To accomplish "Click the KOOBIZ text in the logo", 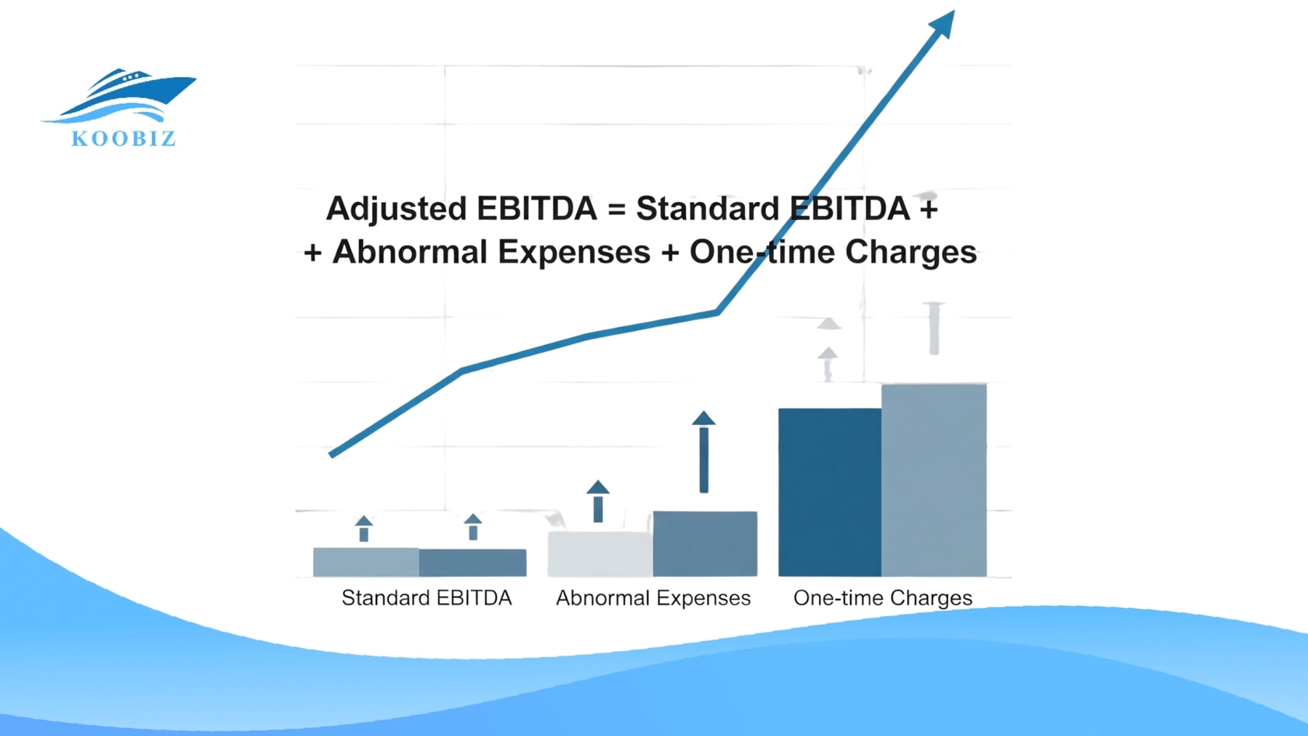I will click(x=124, y=139).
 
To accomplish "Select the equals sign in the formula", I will click(x=616, y=209).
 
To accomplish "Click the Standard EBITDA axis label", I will click(x=427, y=598).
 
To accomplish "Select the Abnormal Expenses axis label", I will click(x=653, y=598).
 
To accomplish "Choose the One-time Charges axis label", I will click(x=882, y=598).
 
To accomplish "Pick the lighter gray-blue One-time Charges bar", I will click(x=934, y=480).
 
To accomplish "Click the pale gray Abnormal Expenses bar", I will click(x=599, y=554).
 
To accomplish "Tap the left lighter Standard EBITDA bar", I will click(x=366, y=562).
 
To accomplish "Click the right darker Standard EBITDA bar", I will click(x=473, y=562).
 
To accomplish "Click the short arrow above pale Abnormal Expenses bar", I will click(x=598, y=501).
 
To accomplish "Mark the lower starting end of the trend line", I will click(x=333, y=454).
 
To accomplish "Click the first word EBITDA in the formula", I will click(x=537, y=209).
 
